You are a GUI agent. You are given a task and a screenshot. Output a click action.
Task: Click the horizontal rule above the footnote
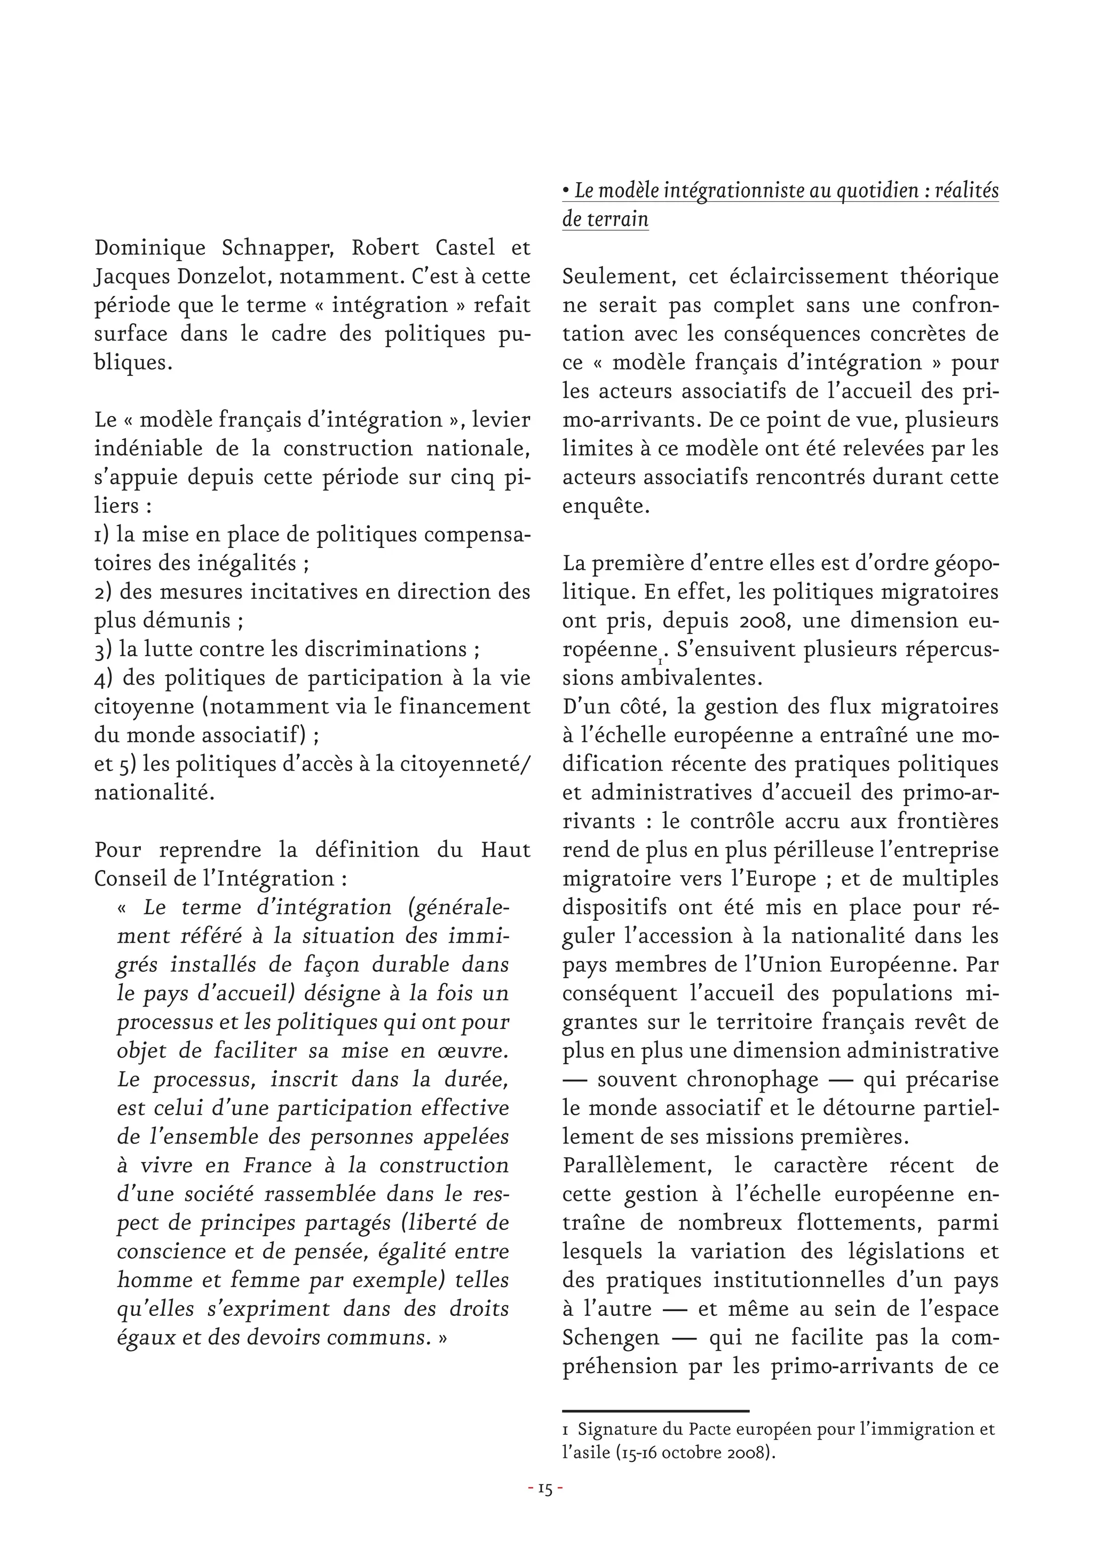pyautogui.click(x=655, y=1412)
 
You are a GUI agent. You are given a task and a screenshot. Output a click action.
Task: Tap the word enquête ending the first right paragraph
pyautogui.click(x=604, y=506)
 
